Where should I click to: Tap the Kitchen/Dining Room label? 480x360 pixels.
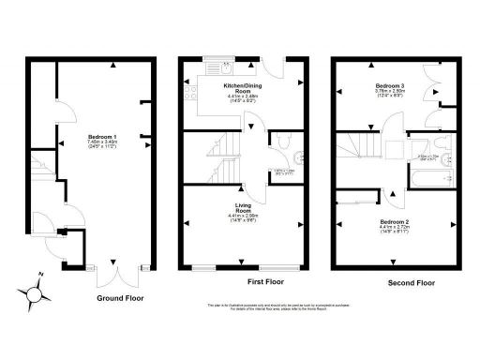(242, 87)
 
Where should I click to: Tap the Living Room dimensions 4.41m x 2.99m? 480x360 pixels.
(242, 215)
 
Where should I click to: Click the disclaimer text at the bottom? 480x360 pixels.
(242, 307)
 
